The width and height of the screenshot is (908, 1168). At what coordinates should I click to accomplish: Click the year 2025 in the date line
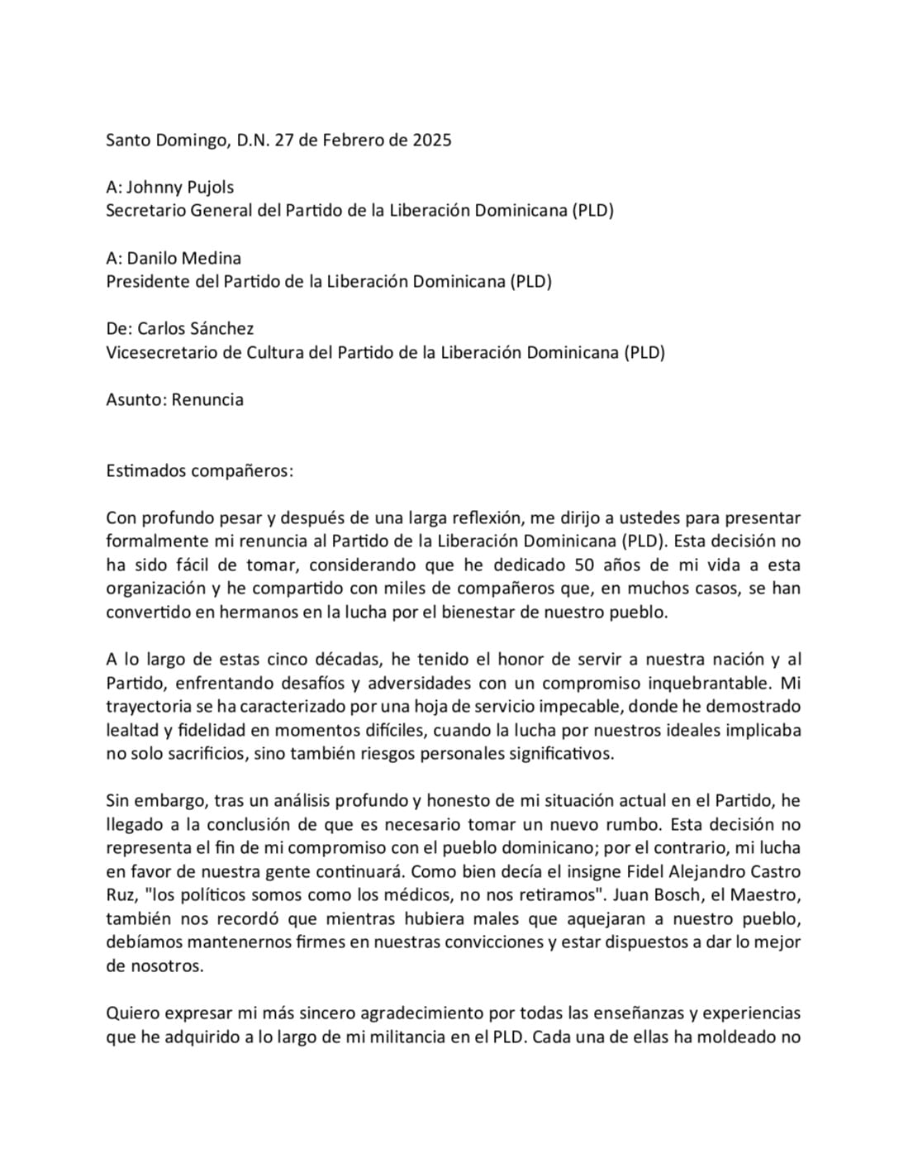point(431,140)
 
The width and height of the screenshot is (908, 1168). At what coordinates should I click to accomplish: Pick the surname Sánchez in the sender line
point(221,328)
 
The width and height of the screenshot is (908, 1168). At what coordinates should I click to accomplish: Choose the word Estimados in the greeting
point(145,470)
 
